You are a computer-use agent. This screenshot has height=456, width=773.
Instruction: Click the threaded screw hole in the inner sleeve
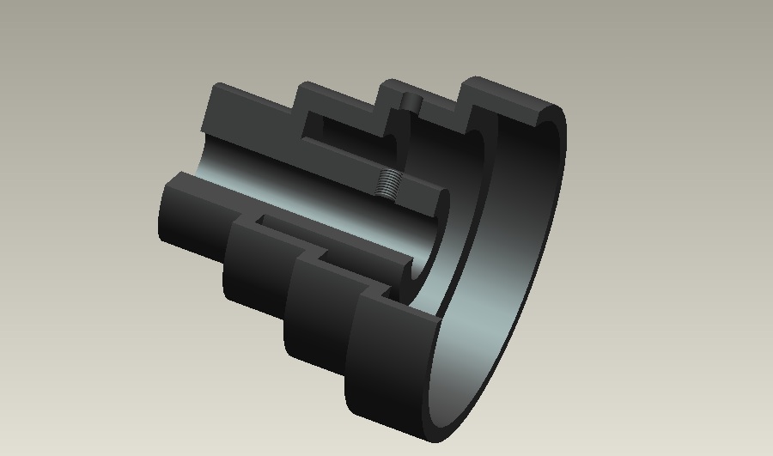tap(390, 181)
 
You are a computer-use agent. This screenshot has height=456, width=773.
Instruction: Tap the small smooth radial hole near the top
tap(409, 103)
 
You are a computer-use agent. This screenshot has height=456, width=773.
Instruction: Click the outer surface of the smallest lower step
tap(189, 228)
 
